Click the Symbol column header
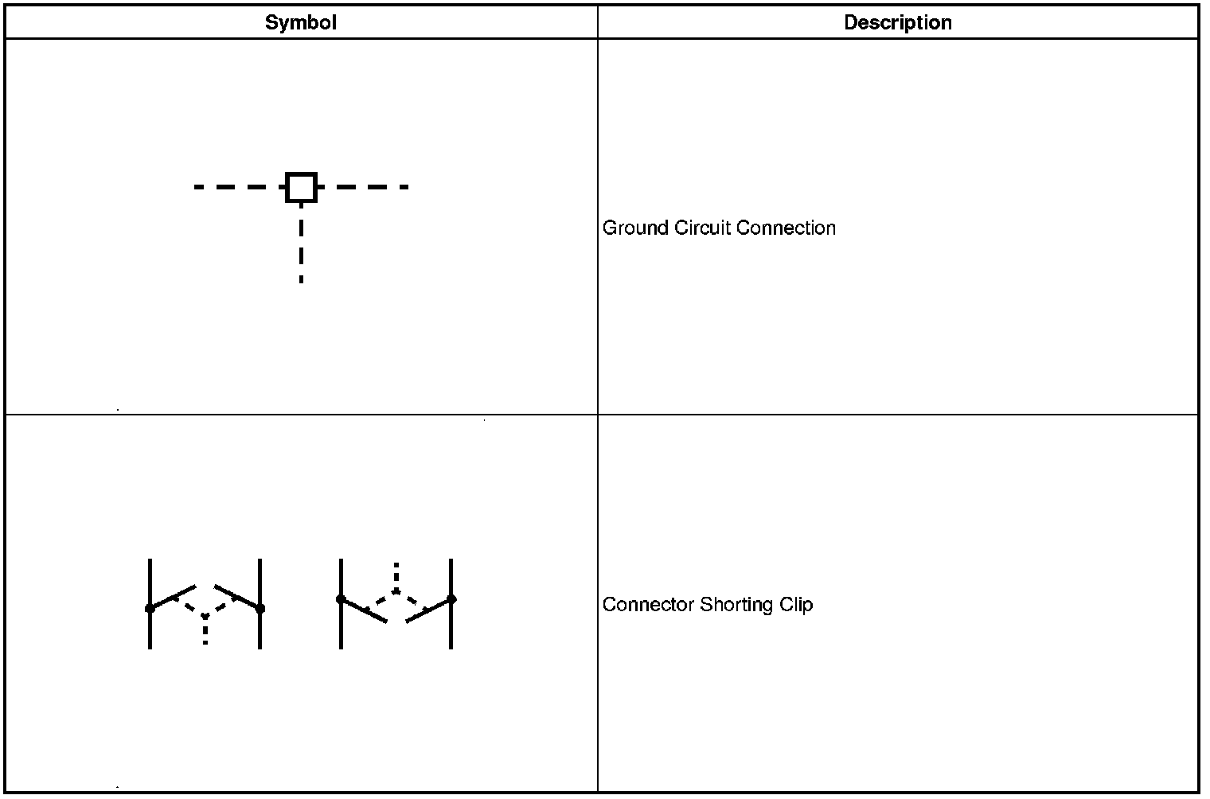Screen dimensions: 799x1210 [x=300, y=22]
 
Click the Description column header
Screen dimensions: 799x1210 [x=897, y=22]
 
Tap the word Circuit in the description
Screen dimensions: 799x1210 [x=702, y=228]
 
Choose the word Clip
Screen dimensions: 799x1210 [x=796, y=605]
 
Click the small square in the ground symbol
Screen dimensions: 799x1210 [x=301, y=187]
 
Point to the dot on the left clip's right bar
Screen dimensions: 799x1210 [x=260, y=609]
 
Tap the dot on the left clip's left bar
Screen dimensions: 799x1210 [x=150, y=609]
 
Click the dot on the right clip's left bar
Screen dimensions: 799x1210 [x=341, y=599]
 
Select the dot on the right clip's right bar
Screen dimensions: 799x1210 [x=451, y=599]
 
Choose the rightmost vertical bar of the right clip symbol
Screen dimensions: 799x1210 [x=451, y=629]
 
